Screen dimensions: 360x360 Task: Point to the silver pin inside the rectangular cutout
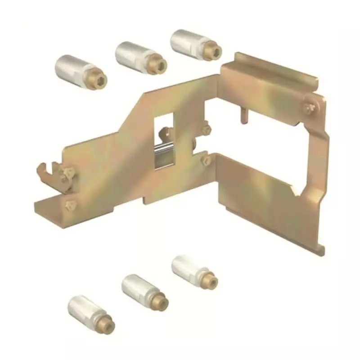click(164, 148)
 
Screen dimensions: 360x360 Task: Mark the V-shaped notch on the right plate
click(297, 194)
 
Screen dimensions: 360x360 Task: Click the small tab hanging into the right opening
click(243, 115)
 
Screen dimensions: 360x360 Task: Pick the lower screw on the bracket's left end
click(69, 205)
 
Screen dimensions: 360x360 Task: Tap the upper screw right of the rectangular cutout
click(206, 130)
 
